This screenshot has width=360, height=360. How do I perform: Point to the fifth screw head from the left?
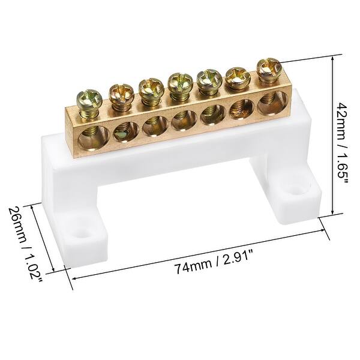207,76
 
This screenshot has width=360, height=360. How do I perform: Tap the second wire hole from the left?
119,129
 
